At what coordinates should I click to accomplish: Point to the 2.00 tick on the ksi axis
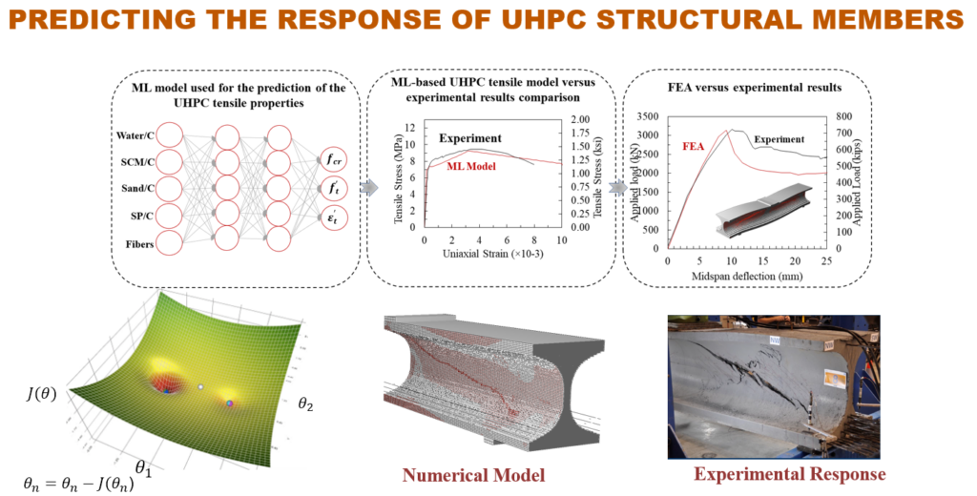579,120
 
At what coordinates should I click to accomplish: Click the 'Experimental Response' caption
790,474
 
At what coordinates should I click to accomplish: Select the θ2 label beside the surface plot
305,403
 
